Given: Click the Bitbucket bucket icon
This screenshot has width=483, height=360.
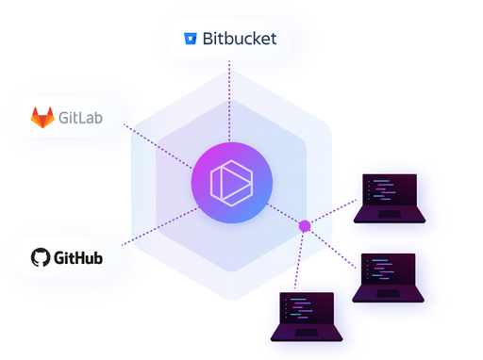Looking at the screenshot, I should click(190, 40).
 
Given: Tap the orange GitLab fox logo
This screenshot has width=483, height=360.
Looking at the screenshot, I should click(42, 118).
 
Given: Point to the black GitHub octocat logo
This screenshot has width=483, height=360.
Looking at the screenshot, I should click(40, 257).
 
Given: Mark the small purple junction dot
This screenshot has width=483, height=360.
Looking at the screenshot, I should click(305, 226).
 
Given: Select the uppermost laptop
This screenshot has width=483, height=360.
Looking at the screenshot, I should click(389, 198).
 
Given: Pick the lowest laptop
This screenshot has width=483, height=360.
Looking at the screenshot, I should click(308, 318).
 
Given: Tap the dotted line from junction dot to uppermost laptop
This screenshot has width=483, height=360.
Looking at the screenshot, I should click(335, 212).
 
